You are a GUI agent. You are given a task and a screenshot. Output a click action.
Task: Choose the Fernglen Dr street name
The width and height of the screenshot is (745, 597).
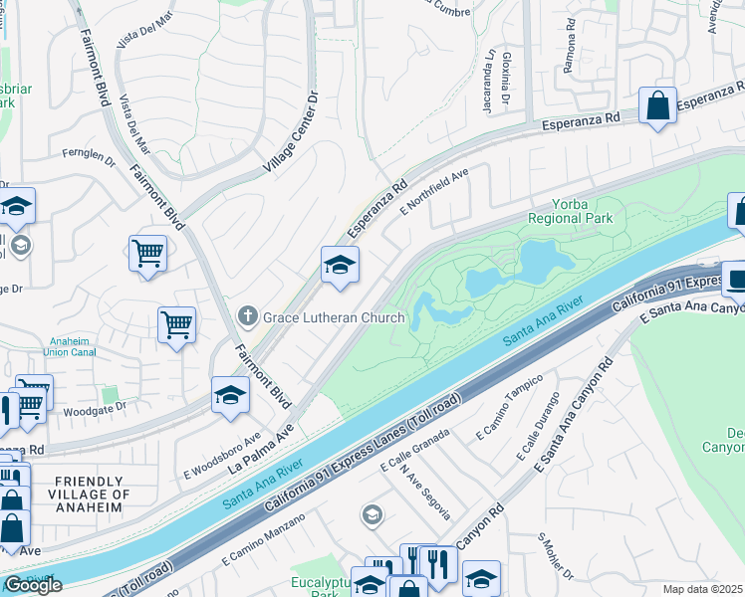(x=88, y=154)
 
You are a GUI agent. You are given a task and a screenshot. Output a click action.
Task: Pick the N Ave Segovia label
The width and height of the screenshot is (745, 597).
(x=425, y=495)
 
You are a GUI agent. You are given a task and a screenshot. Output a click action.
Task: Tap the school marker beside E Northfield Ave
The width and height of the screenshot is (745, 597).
(x=340, y=265)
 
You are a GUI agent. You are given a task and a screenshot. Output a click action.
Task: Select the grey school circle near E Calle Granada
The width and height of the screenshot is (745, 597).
(x=372, y=514)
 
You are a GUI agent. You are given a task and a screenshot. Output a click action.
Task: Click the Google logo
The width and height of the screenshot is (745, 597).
(x=33, y=584)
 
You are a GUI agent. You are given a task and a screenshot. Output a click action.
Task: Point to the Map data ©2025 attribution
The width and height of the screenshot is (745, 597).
(x=702, y=589)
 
